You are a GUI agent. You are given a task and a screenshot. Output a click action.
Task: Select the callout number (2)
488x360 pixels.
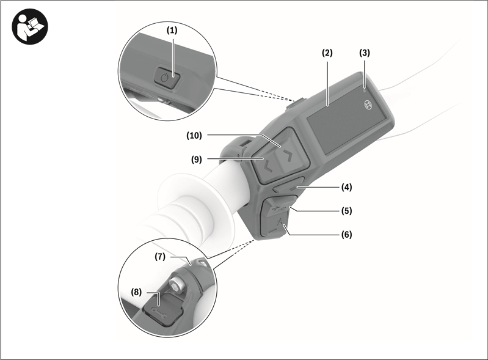[x=327, y=53]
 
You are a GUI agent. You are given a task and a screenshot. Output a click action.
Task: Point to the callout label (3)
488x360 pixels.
[x=365, y=53]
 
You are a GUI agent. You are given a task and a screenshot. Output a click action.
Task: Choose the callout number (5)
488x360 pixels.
[x=346, y=211]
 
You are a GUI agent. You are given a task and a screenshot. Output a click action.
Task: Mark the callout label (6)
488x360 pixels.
[x=346, y=234]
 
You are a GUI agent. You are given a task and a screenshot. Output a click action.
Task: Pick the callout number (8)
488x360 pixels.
[x=136, y=292]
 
